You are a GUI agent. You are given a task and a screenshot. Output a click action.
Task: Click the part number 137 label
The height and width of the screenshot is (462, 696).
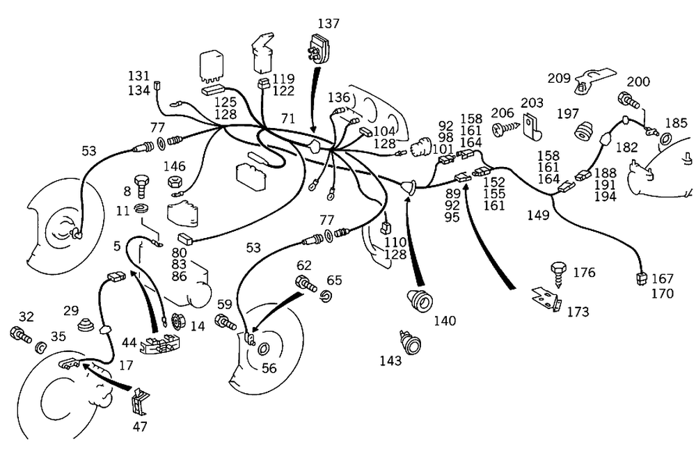click(329, 24)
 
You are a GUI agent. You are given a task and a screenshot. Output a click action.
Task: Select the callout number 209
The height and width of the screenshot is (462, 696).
click(560, 78)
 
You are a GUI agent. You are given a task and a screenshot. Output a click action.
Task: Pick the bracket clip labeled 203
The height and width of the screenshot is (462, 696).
click(533, 126)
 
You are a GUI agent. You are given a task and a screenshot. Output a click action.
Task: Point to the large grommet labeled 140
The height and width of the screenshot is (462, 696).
click(420, 300)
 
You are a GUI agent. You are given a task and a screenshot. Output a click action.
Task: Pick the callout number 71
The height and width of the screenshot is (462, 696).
click(288, 119)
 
